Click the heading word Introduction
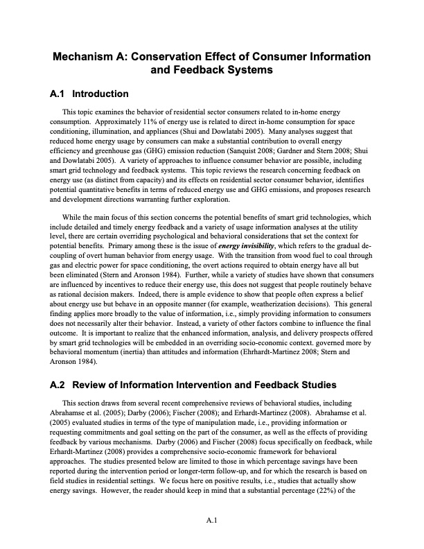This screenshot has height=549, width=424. (x=100, y=94)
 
